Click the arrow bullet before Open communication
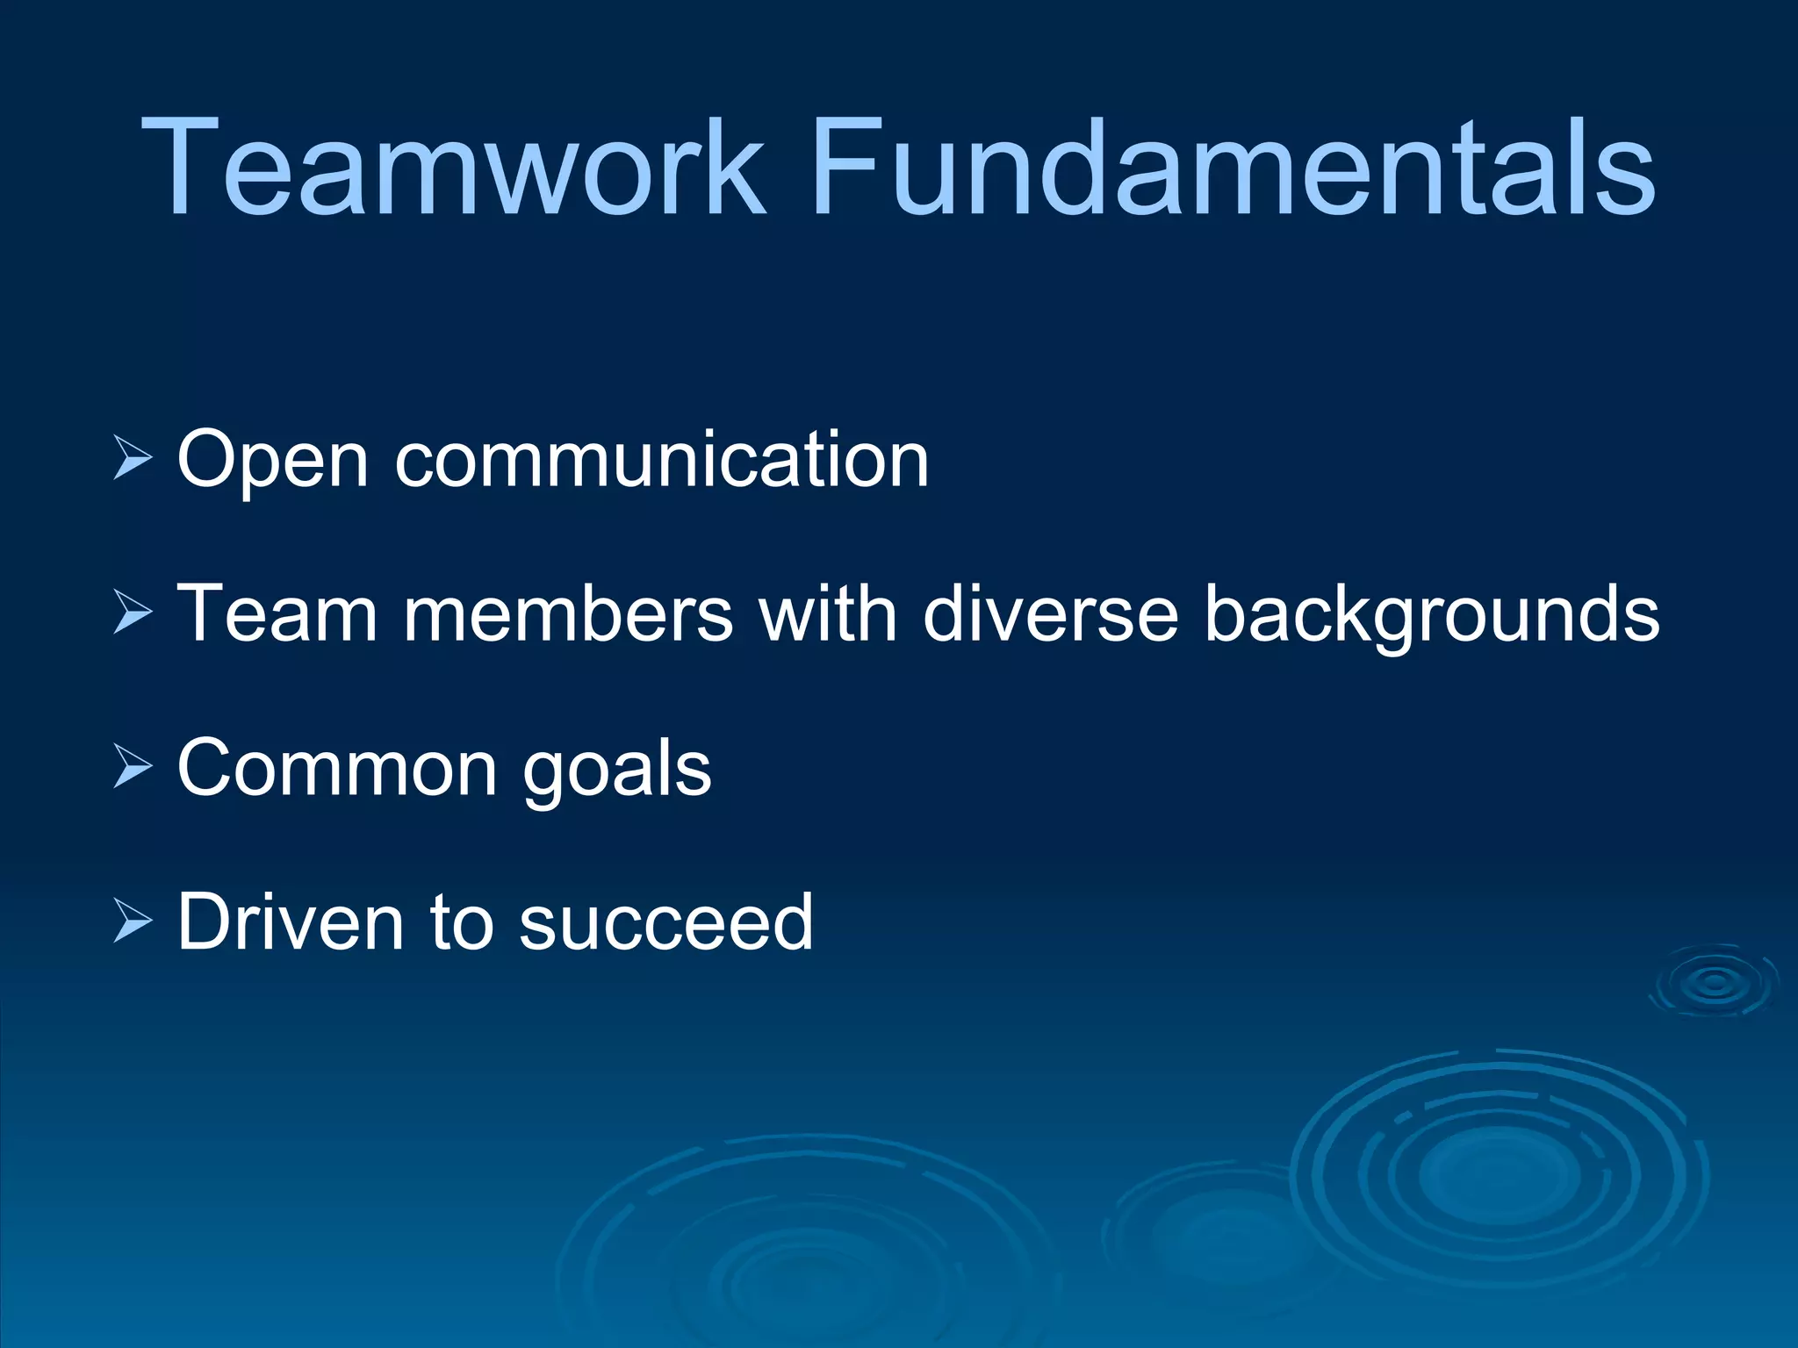tap(133, 459)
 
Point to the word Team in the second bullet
tap(277, 613)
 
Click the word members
tap(567, 613)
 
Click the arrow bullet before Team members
tap(133, 613)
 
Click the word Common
tap(337, 768)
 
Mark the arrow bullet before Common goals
tap(133, 766)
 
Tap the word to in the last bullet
tap(460, 923)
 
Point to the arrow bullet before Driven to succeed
tap(133, 921)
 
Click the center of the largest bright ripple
tap(1499, 1172)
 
